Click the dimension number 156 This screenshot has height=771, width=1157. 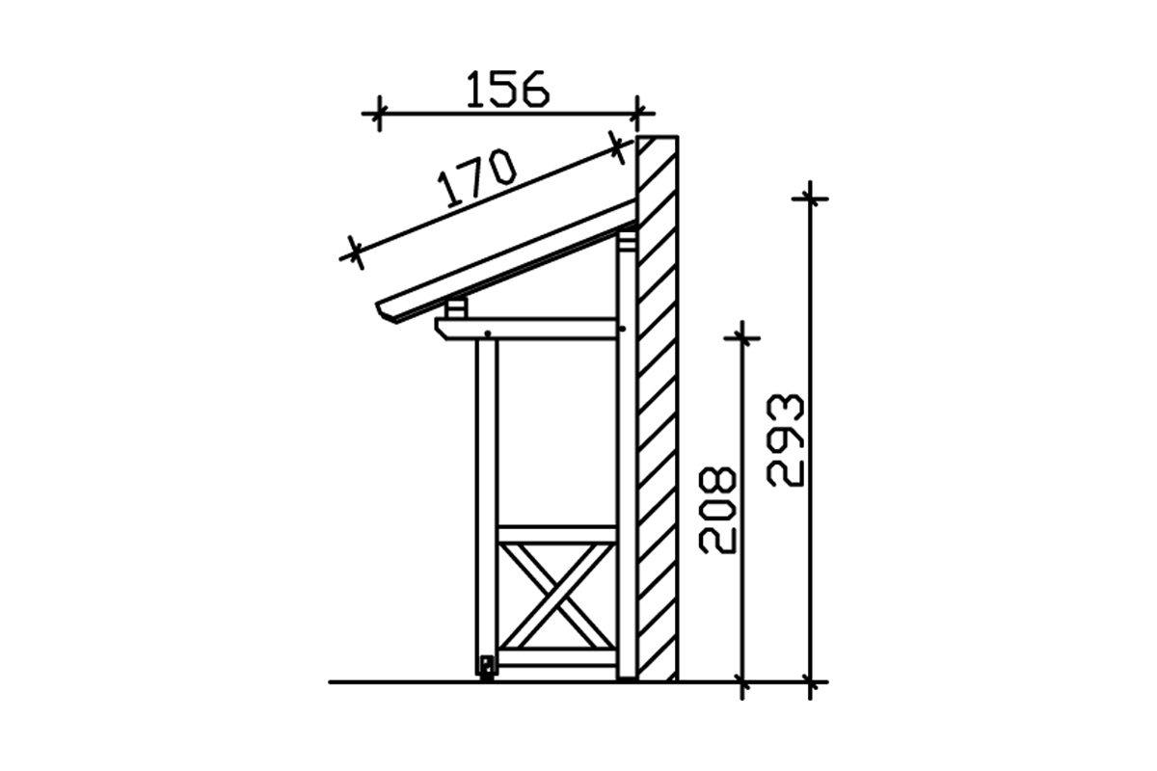508,90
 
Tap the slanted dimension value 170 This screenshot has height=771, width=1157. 476,178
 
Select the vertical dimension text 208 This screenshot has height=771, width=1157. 717,510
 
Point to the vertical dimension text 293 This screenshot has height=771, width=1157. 785,440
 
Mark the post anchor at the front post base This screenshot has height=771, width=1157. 486,668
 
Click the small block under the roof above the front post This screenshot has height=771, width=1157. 456,308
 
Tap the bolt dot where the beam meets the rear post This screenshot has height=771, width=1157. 623,329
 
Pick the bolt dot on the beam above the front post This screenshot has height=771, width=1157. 487,333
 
